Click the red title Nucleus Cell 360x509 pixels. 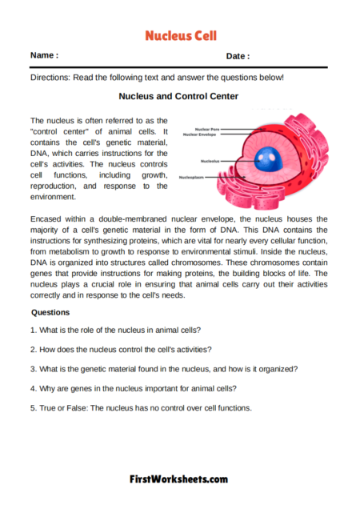tap(180, 36)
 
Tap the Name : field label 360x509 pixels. tap(44, 56)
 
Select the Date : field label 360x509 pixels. tap(238, 57)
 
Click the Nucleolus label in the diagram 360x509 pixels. tap(212, 160)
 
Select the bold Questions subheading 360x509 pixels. tap(50, 312)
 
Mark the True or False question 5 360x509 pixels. tap(140, 407)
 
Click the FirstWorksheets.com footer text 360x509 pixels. tap(179, 479)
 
